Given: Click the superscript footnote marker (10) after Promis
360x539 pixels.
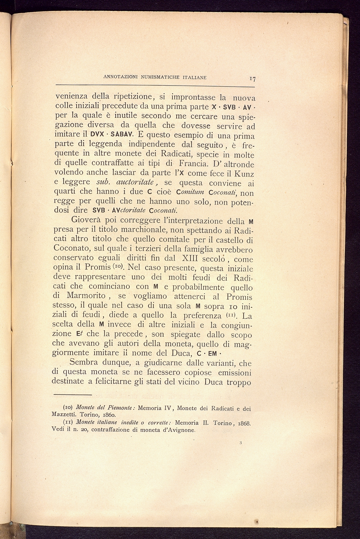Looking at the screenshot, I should tap(118, 266).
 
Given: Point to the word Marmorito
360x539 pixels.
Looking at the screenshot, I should tap(86, 295).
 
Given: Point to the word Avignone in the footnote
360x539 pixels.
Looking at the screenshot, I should tap(180, 430).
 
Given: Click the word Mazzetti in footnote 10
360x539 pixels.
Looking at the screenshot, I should tap(64, 414).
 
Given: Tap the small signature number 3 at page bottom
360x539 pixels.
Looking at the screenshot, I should tap(241, 443).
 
